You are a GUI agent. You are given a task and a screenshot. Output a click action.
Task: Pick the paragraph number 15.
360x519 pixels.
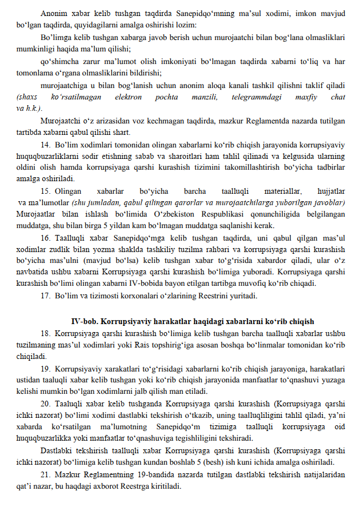46,191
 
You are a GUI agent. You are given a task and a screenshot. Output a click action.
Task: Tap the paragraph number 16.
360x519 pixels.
46,237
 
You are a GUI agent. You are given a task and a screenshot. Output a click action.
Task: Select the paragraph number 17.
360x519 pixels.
46,296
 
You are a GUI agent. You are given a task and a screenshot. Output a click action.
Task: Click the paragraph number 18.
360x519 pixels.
46,333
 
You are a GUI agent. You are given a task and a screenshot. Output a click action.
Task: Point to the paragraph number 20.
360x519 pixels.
46,403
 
